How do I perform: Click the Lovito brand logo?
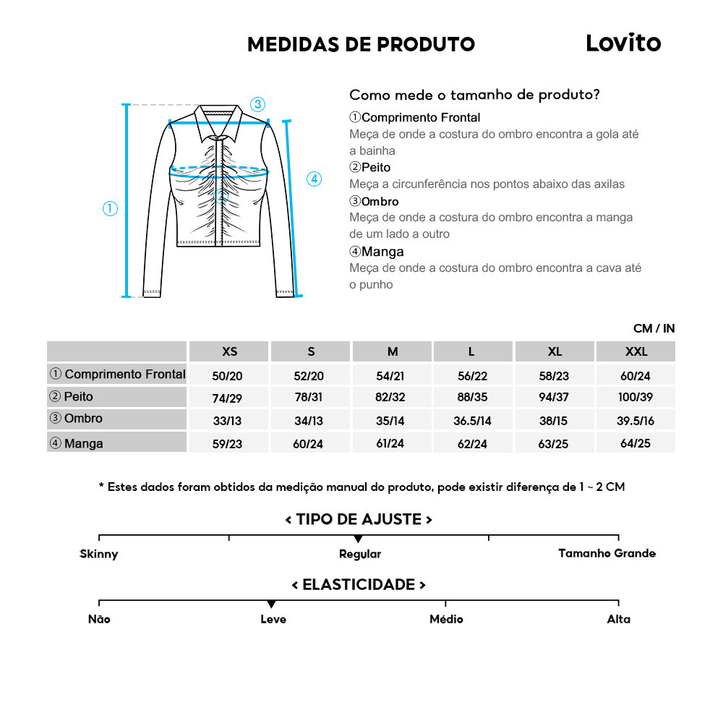(623, 43)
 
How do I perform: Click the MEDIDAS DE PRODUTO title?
(361, 45)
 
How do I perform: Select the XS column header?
(229, 351)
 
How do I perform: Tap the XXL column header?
(636, 351)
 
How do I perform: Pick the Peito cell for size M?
(393, 398)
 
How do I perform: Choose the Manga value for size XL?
(555, 443)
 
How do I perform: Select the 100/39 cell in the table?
(636, 398)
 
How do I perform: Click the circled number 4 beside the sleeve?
(314, 179)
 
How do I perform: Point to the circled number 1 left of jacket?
(110, 209)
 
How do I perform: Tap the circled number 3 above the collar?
(257, 104)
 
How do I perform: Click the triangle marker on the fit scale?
(358, 539)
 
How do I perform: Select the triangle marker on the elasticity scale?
(271, 604)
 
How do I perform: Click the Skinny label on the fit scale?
(99, 554)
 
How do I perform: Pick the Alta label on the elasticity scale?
(618, 619)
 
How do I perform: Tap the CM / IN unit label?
(654, 328)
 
